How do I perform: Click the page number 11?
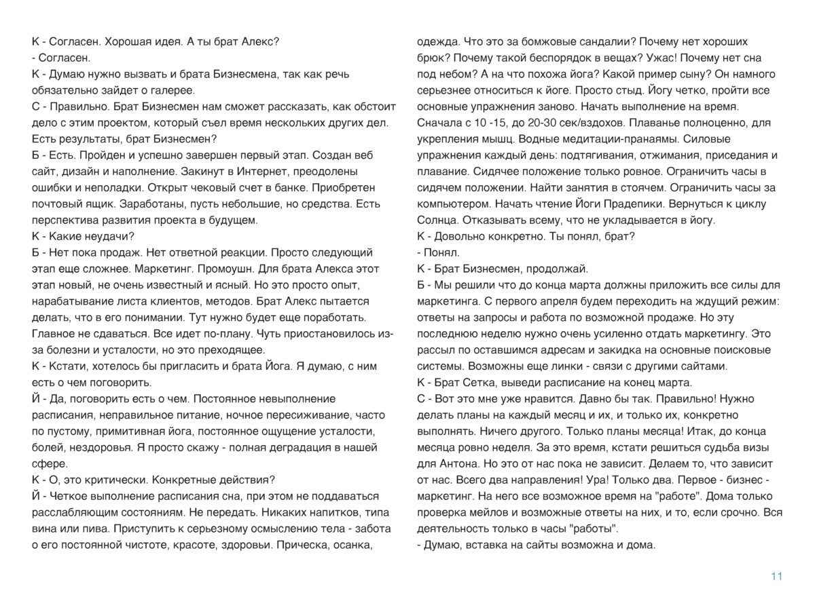pos(777,576)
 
